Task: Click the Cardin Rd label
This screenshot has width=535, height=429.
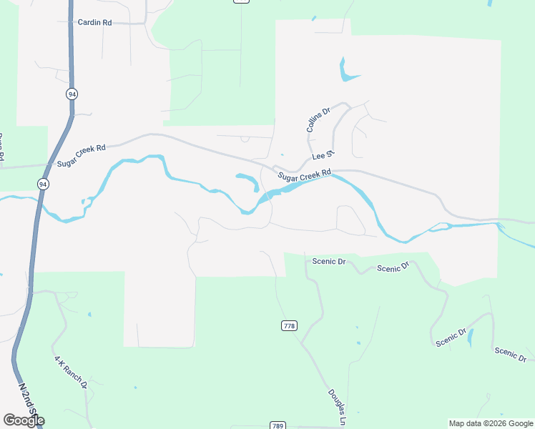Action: (x=94, y=23)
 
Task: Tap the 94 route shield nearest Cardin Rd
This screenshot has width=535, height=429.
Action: (x=72, y=94)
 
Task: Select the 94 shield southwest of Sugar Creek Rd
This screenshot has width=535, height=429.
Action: (x=44, y=184)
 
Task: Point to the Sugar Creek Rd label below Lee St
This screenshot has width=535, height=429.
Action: (x=305, y=175)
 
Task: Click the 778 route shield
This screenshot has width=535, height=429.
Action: (x=288, y=326)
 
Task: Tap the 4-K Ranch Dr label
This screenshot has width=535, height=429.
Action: (x=70, y=371)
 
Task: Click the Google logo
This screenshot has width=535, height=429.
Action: (x=24, y=420)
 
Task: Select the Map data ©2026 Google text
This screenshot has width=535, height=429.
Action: (x=491, y=423)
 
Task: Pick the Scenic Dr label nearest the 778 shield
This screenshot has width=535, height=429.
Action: (x=328, y=262)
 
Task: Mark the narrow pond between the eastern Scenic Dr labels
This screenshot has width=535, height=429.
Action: (x=470, y=337)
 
